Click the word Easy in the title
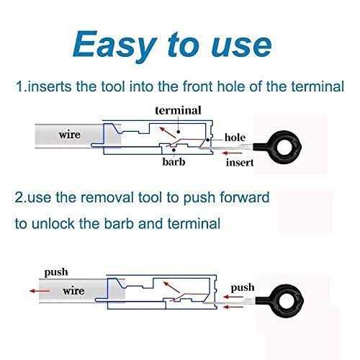[x=114, y=45]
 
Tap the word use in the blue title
[x=242, y=45]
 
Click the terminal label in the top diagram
[x=178, y=111]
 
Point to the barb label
[x=174, y=161]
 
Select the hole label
[x=235, y=138]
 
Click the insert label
[x=240, y=163]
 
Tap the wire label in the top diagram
[x=70, y=135]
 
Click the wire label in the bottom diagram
[x=73, y=291]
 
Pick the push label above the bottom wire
[x=56, y=273]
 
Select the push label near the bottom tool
[x=243, y=288]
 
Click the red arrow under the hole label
[x=232, y=153]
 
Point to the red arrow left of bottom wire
[x=40, y=291]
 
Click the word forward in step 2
[x=245, y=197]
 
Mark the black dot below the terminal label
[x=179, y=132]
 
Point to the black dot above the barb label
[x=174, y=150]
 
